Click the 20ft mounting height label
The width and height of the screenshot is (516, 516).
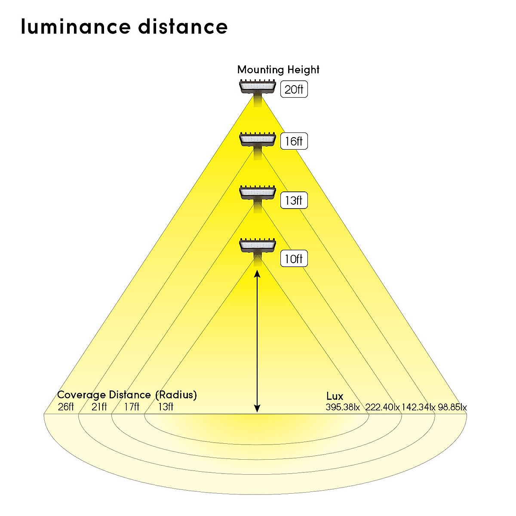(294, 89)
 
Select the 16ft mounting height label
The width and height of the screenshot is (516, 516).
(294, 141)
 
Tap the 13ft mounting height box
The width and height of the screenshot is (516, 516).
(294, 200)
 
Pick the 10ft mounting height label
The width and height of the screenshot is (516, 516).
(294, 259)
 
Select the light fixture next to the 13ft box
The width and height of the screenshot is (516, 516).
(257, 193)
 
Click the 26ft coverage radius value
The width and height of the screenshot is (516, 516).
(66, 407)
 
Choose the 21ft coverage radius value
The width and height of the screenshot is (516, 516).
(99, 407)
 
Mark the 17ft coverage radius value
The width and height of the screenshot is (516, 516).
(132, 407)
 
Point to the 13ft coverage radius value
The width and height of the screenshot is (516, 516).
(166, 407)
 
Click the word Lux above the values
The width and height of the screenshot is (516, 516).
(335, 396)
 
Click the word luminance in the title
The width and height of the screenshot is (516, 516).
(76, 27)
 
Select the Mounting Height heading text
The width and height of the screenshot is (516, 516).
(278, 70)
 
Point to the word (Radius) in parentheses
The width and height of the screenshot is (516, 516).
(176, 395)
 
